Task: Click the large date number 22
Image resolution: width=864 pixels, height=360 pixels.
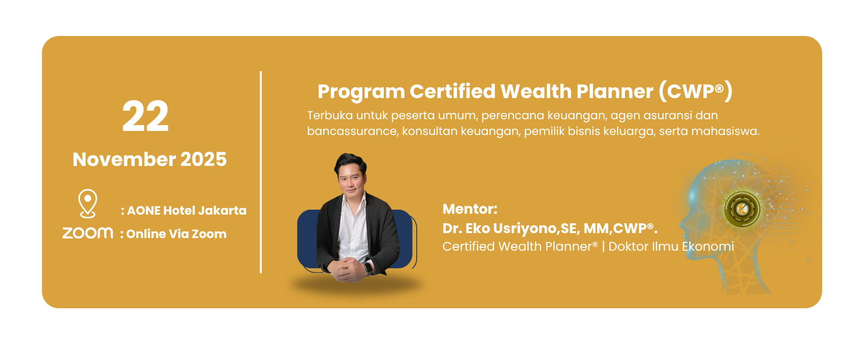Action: click(x=145, y=116)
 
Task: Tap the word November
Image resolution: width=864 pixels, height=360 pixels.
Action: click(x=124, y=159)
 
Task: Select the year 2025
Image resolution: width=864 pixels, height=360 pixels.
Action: click(x=203, y=159)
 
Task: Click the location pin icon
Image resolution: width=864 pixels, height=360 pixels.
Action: click(x=88, y=203)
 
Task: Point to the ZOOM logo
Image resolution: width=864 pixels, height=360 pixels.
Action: click(x=88, y=233)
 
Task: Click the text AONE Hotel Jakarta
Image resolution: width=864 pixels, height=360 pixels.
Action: click(x=187, y=211)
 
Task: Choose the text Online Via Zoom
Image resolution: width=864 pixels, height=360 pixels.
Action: click(x=176, y=234)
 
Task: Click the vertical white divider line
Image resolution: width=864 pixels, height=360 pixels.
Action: click(x=261, y=172)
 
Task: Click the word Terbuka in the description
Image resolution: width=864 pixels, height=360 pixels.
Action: click(x=330, y=116)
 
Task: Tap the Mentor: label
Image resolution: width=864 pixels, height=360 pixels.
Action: click(x=470, y=209)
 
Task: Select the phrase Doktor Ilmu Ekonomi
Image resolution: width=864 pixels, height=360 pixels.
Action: click(x=671, y=247)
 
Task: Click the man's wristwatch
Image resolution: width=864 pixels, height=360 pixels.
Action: click(x=368, y=267)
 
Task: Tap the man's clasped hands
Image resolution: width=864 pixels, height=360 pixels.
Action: click(x=347, y=269)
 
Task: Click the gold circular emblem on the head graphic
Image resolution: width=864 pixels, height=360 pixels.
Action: click(x=742, y=209)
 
